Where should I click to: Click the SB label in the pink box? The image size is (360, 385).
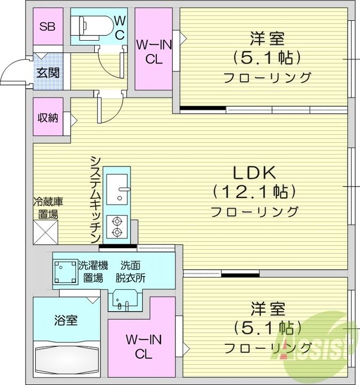48,27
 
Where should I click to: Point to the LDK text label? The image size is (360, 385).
254,173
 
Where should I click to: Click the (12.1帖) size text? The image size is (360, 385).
254,191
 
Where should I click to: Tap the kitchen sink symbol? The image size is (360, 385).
117,189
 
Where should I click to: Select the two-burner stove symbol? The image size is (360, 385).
117,226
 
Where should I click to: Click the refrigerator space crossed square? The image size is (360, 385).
45,232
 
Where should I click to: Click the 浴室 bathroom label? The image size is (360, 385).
66,321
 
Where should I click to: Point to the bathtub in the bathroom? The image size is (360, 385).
66,362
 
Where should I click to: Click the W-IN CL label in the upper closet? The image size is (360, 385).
154,52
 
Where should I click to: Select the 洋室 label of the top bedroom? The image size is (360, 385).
266,39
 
